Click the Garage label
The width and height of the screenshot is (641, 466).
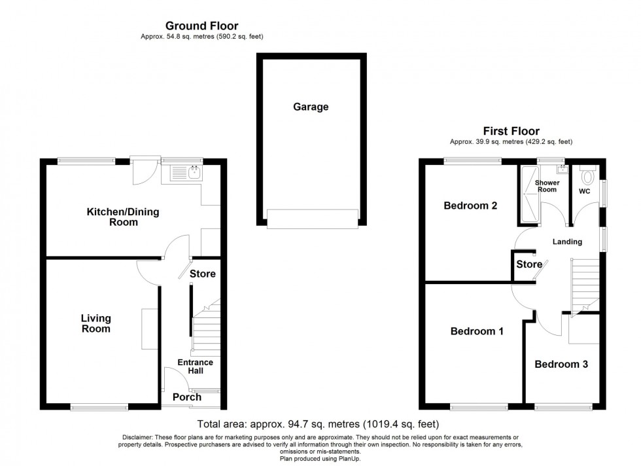(311, 107)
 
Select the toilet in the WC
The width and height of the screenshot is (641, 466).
(588, 176)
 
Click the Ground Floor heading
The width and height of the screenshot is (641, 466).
(201, 26)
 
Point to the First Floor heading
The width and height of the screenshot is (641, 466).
(511, 131)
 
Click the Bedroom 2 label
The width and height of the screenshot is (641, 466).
(470, 206)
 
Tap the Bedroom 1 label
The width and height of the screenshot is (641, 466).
(477, 331)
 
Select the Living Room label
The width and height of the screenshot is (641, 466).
(95, 323)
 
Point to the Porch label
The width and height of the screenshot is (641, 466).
(186, 397)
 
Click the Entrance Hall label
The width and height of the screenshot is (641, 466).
(195, 367)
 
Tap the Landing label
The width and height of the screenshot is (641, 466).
(567, 242)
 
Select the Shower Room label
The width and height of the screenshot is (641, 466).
(547, 186)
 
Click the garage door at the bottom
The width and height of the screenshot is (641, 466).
(313, 219)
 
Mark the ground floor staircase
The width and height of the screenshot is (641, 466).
(207, 327)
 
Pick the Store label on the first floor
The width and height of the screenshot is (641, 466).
(529, 264)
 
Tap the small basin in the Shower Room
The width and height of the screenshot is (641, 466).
(562, 169)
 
